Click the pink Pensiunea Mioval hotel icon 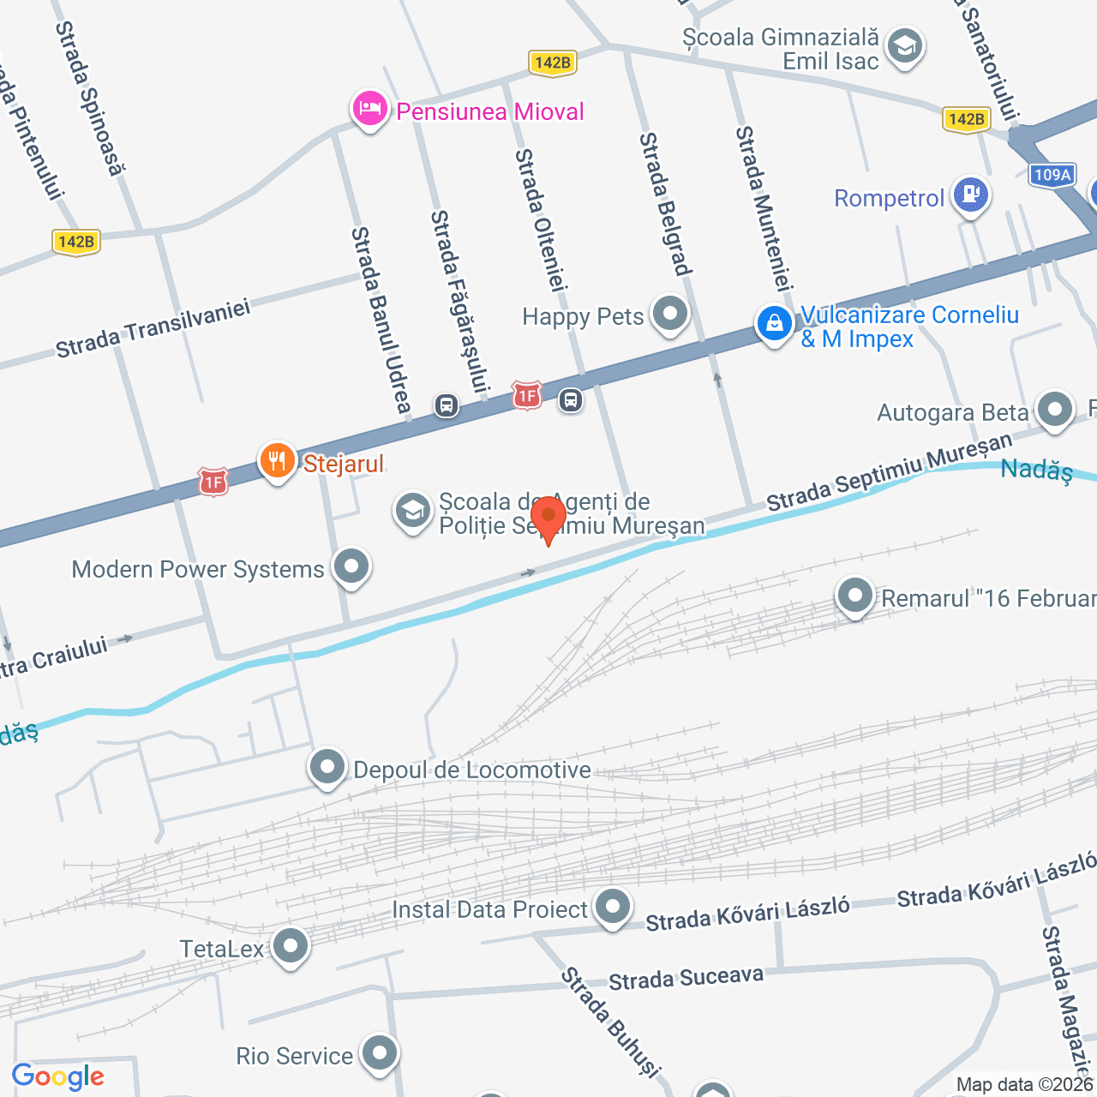coord(369,110)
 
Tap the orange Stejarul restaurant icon coord(277,461)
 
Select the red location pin coord(548,518)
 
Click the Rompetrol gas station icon coord(971,195)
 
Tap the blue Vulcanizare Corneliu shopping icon coord(774,325)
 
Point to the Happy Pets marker coord(669,314)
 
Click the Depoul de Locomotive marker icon coord(327,767)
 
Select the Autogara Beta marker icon coord(1054,410)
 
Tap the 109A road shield coord(1052,175)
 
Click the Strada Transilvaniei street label coord(153,328)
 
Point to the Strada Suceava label coord(686,978)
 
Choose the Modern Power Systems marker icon coord(351,566)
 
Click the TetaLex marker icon coord(291,946)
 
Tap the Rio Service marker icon coord(379,1053)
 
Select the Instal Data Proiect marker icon coord(612,907)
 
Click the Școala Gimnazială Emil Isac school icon coord(904,46)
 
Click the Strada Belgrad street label coord(665,204)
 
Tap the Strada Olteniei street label coord(541,219)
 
